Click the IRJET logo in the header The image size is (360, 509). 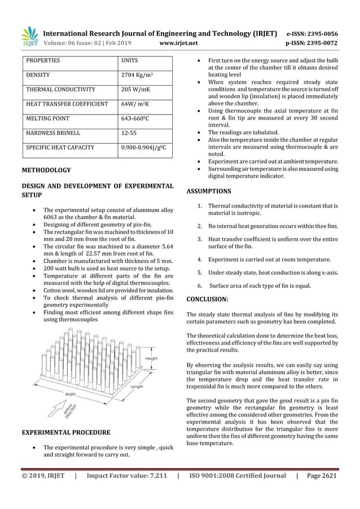(x=29, y=37)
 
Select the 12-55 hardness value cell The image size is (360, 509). (x=129, y=133)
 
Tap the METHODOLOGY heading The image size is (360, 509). (x=46, y=170)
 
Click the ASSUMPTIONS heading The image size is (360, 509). (x=209, y=191)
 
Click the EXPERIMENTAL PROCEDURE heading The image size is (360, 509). (x=65, y=433)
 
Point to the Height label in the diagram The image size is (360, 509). (x=152, y=358)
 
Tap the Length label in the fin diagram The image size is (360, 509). (x=137, y=387)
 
